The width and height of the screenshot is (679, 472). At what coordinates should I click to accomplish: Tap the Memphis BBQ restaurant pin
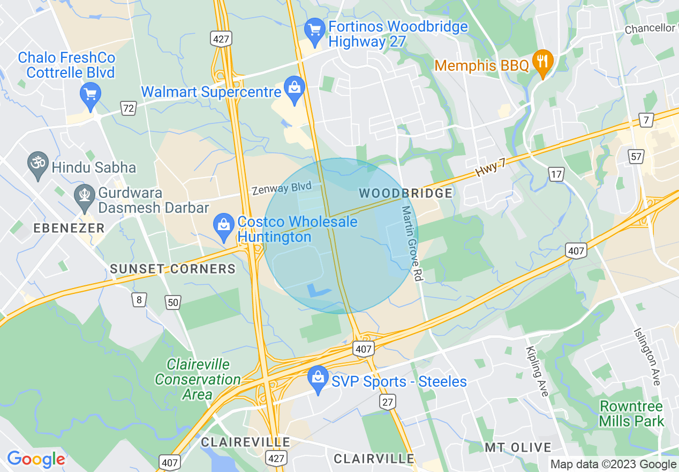(x=543, y=60)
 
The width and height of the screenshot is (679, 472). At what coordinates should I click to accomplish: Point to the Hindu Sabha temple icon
(x=38, y=161)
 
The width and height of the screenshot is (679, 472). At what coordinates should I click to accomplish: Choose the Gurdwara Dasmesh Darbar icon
(x=84, y=194)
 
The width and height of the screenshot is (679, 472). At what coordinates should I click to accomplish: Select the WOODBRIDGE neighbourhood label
(x=406, y=193)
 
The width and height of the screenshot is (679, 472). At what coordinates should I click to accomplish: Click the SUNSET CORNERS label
(x=173, y=269)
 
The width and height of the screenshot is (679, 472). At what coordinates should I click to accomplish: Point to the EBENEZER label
(x=69, y=228)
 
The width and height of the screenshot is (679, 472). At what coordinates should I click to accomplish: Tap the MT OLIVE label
(x=518, y=447)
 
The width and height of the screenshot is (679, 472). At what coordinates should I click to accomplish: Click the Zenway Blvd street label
(x=281, y=188)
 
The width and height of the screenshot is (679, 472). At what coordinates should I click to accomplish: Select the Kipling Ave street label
(x=537, y=371)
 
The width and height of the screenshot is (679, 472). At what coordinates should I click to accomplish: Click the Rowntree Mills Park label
(x=632, y=414)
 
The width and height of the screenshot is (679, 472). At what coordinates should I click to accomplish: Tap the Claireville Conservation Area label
(x=198, y=379)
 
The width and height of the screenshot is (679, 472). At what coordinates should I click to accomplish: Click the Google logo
(x=36, y=459)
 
